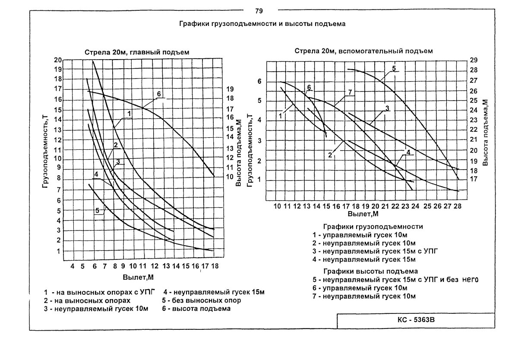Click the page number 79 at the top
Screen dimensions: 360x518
(x=259, y=10)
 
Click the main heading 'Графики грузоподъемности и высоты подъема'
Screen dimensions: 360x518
(x=262, y=24)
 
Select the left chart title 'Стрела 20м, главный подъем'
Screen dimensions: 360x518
(x=137, y=52)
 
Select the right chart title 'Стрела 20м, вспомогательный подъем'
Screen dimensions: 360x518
(x=363, y=51)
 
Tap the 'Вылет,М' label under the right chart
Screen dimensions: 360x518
(x=362, y=214)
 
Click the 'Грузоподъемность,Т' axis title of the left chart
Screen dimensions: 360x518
(x=45, y=153)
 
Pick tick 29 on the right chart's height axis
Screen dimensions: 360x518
(x=473, y=60)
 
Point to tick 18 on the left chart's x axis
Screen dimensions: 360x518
(x=215, y=267)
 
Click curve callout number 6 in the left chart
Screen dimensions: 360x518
(x=159, y=94)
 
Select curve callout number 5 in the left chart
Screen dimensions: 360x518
(x=97, y=211)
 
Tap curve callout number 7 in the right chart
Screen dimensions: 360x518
(x=350, y=92)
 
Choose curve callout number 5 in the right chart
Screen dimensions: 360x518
(x=394, y=68)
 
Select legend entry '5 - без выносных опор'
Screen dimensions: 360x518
(x=201, y=300)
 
